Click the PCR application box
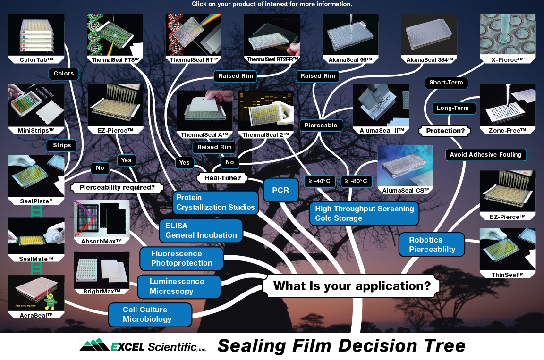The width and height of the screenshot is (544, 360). pos(280,191)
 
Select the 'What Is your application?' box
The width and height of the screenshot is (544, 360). pos(351,286)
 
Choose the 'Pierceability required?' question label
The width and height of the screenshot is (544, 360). pos(118,187)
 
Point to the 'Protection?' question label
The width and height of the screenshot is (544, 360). pos(445,131)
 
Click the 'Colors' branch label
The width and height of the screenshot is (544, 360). pos(64,74)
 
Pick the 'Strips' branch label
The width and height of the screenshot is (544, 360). pos(62,145)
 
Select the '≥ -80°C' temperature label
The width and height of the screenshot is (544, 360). pos(358,181)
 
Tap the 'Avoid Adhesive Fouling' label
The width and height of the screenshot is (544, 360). pos(485,154)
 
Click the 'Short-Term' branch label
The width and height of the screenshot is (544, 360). pos(446,83)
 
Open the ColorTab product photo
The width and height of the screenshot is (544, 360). pos(36,35)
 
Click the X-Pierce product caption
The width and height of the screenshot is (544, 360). pos(508,60)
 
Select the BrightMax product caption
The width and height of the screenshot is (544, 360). pos(102,291)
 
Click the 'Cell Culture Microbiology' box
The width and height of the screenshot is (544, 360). pos(150,315)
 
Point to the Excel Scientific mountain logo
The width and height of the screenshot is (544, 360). pos(95,346)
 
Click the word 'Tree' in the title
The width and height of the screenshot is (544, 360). pos(442,346)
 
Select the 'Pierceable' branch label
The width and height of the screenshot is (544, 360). pos(321,125)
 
